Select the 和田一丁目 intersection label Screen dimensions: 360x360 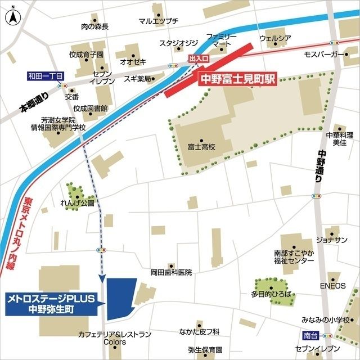click(47, 75)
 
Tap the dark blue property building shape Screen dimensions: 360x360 click(120, 298)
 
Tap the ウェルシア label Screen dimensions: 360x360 click(275, 38)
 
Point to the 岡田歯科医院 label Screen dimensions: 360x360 click(171, 272)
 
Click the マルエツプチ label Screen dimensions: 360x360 click(158, 21)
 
